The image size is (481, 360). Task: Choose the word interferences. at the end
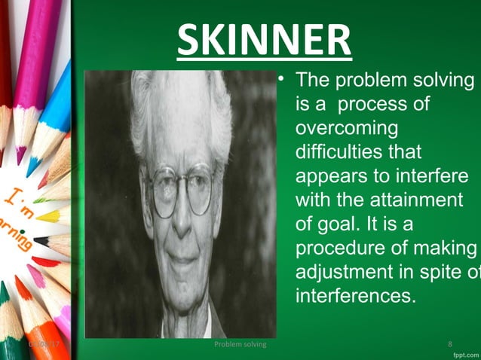click(x=355, y=295)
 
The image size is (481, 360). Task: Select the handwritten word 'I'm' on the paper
click(x=18, y=200)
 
